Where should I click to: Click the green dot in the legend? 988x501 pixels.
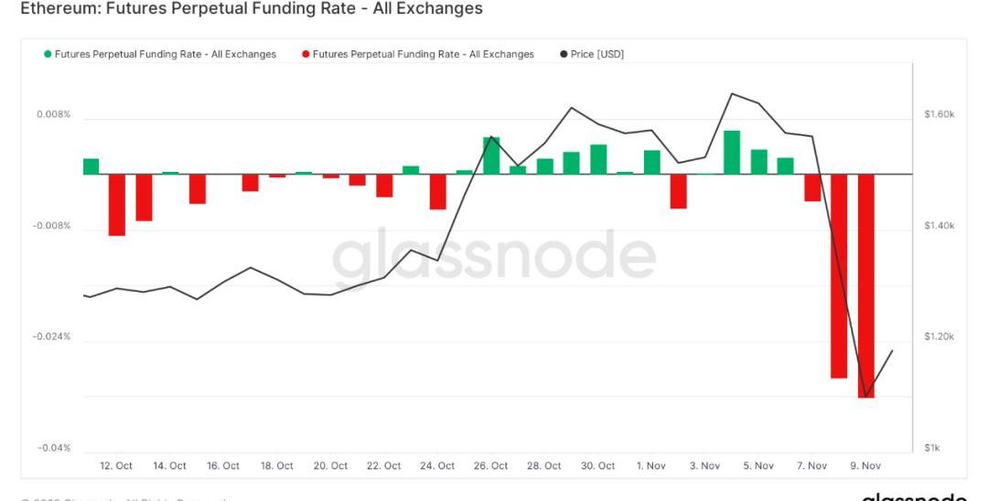coord(48,55)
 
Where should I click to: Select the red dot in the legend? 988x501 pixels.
coord(306,55)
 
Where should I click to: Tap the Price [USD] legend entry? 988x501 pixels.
coord(596,55)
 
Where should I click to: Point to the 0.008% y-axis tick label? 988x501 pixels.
coord(53,115)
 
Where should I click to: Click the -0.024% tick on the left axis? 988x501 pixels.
coord(51,337)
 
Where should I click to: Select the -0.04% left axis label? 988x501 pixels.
coord(53,448)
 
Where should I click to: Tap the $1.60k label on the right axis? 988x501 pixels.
coord(939,115)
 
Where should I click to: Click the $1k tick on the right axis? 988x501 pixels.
coord(931,448)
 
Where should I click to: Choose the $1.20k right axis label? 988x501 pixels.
coord(939,337)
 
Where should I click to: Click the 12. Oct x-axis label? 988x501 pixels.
coord(116,466)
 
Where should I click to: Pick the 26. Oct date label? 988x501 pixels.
coord(491,466)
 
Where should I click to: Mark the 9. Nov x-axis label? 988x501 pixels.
coord(865,466)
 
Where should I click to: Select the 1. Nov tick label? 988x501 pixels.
coord(651,466)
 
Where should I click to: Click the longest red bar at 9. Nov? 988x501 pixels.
coord(865,285)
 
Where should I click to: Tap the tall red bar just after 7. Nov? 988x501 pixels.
coord(839,275)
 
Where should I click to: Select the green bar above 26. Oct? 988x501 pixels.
coord(491,155)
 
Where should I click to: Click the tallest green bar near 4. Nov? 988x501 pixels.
coord(732,152)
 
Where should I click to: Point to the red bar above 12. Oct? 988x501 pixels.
coord(117,205)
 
